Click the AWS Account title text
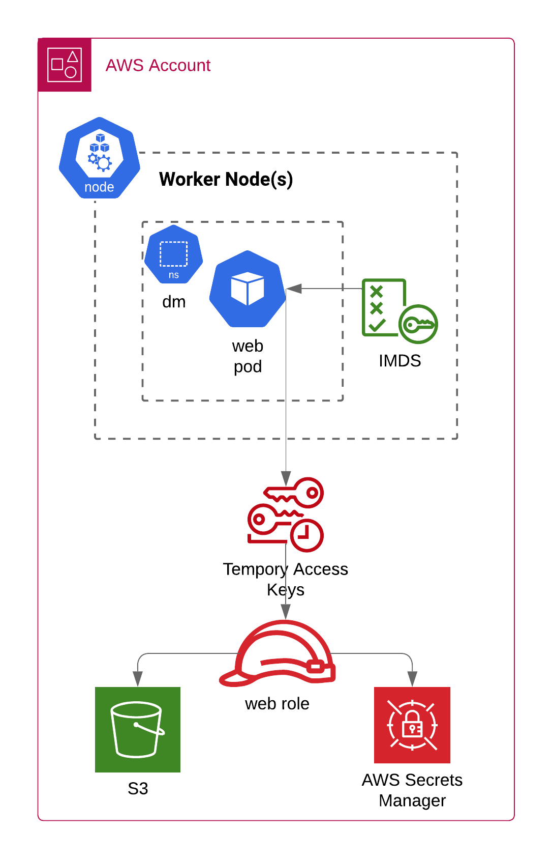[158, 66]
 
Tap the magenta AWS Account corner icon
[65, 65]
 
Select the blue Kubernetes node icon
[100, 158]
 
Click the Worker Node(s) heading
[226, 179]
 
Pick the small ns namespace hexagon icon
[173, 254]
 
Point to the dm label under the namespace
[174, 302]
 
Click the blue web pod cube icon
[248, 289]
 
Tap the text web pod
[248, 356]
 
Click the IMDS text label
[400, 361]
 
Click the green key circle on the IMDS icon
[418, 324]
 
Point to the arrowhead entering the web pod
[294, 289]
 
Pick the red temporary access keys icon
[285, 514]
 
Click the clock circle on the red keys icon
[306, 535]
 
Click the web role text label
[277, 704]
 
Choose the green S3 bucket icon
[138, 729]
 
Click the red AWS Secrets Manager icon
[412, 725]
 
